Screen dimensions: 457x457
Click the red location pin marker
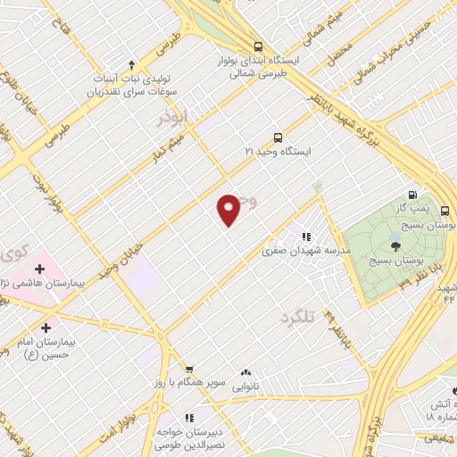coord(228,210)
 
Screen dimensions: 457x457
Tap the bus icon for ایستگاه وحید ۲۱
coord(278,137)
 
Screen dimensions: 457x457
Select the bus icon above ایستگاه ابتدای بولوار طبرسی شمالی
coord(258,46)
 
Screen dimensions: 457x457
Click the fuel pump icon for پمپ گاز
coord(411,195)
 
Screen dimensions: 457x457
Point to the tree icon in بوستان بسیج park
coord(395,241)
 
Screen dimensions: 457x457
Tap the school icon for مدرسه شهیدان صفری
coord(305,237)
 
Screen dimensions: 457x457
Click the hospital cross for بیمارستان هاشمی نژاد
coord(40,268)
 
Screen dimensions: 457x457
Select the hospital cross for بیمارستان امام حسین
coord(46,328)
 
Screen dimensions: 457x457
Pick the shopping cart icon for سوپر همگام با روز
coord(188,369)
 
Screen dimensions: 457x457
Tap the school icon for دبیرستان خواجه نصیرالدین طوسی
coord(188,417)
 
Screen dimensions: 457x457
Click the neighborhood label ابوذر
coord(173,118)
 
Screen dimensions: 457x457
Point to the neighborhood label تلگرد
coord(299,319)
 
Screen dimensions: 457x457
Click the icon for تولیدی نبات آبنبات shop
coord(132,64)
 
